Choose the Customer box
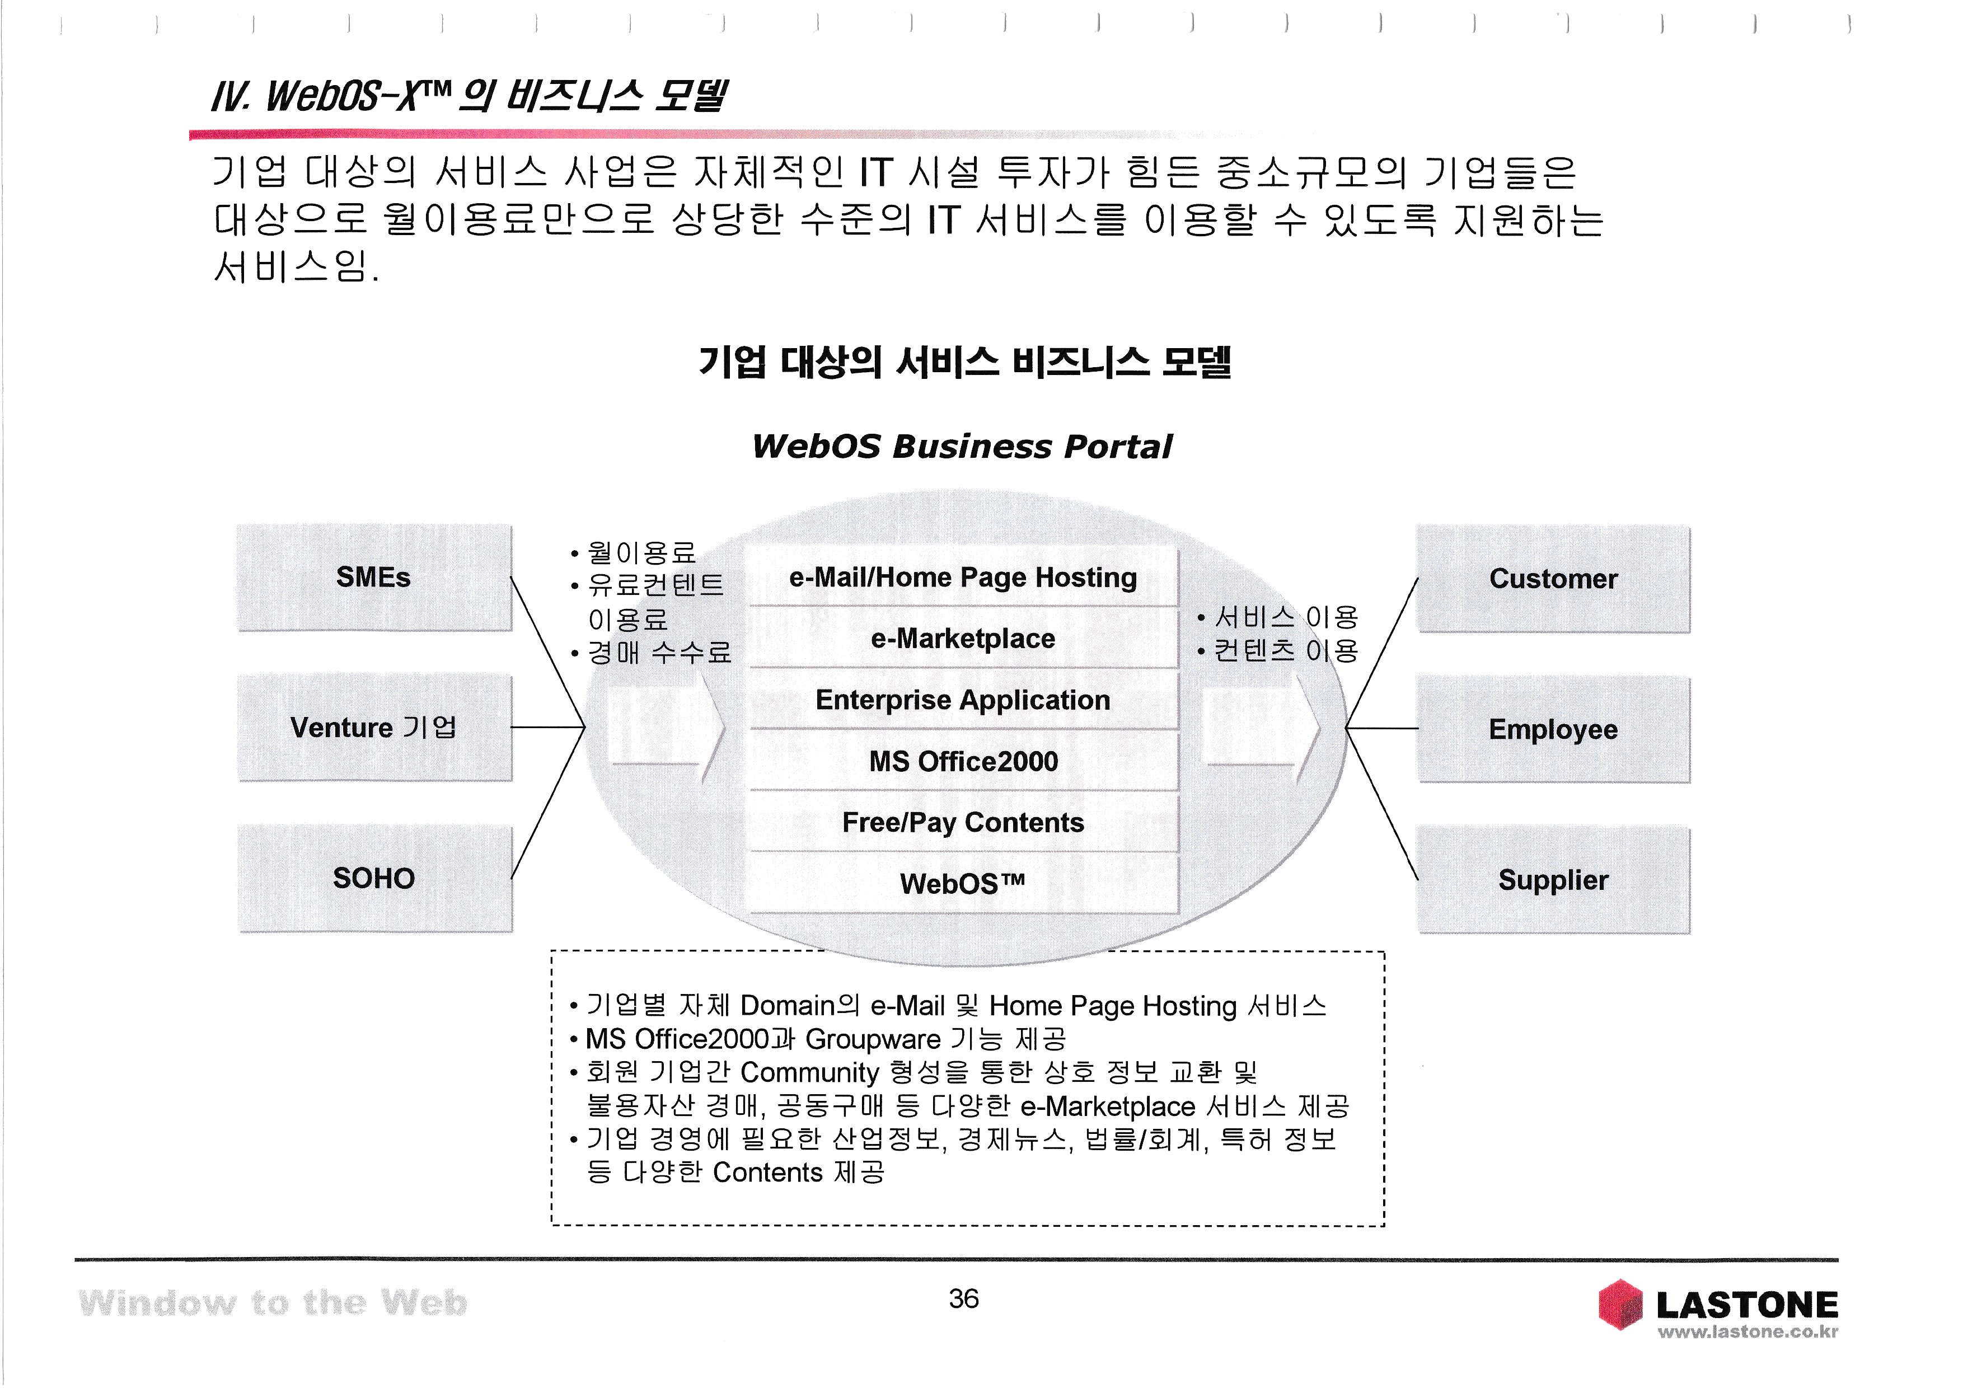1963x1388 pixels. tap(1553, 579)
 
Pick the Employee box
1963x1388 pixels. tap(1553, 730)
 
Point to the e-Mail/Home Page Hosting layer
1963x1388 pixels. tap(963, 578)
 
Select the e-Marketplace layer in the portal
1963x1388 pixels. tap(963, 639)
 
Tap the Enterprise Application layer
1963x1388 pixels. tap(963, 700)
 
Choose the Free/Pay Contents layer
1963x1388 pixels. tap(963, 822)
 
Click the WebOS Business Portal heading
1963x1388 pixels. tap(962, 446)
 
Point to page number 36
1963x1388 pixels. tap(963, 1299)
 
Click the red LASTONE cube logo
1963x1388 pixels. tap(1620, 1304)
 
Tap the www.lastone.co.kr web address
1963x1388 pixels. tap(1748, 1331)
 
